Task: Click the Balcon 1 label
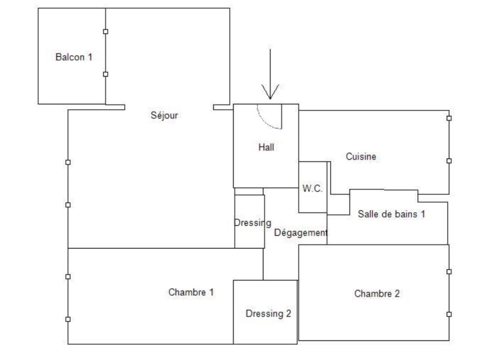(x=74, y=57)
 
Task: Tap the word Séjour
(x=164, y=116)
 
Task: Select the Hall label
(x=266, y=147)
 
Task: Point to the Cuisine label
(x=361, y=157)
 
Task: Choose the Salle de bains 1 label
(x=391, y=214)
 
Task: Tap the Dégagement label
(x=301, y=233)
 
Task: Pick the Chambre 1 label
(x=191, y=292)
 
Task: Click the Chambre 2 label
(x=377, y=294)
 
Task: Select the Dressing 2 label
(x=268, y=314)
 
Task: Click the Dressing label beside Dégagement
(x=252, y=223)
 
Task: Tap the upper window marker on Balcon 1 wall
(x=106, y=31)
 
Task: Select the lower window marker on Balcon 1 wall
(x=106, y=74)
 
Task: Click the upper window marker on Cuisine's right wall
(x=449, y=118)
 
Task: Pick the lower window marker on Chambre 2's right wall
(x=449, y=314)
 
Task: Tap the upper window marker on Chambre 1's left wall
(x=68, y=277)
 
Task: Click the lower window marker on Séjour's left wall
(x=68, y=205)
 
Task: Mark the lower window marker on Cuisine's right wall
(x=449, y=161)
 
